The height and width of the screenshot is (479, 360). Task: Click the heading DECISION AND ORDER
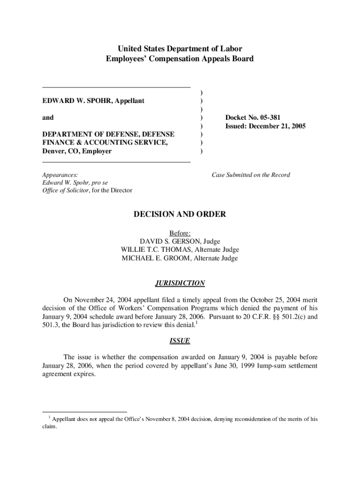(x=180, y=214)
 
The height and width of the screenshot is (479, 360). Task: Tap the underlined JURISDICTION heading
(x=180, y=283)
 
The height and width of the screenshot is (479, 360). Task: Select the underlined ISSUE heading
(x=180, y=341)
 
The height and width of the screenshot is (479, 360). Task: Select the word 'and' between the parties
(x=48, y=117)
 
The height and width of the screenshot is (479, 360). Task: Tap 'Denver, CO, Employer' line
(x=77, y=151)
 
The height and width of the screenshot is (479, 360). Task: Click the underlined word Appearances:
(x=60, y=175)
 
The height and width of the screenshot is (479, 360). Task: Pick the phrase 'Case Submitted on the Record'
(x=251, y=175)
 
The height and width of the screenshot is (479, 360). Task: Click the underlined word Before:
(x=180, y=233)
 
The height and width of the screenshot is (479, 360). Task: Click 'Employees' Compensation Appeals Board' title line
(x=180, y=59)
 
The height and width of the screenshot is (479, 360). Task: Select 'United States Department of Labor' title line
(x=180, y=49)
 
